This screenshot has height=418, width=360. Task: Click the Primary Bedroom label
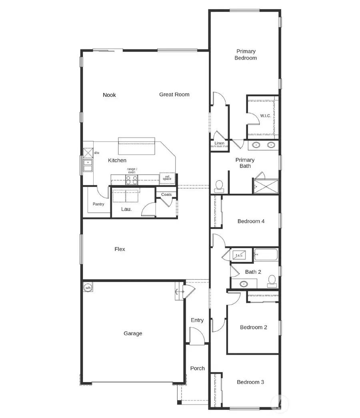coord(246,55)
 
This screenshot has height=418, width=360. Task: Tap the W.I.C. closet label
coord(266,116)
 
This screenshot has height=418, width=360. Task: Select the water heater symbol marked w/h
coord(88,287)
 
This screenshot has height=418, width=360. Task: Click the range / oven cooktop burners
coord(132,180)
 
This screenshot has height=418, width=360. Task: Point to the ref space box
coord(167,178)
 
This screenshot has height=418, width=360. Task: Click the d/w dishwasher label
coord(97,153)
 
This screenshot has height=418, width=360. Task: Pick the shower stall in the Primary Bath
coord(266,185)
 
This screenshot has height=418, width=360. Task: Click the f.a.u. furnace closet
coord(240,255)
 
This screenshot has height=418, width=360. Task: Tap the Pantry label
coord(98,204)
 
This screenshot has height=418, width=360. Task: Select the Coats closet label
coord(166,195)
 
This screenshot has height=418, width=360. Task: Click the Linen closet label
coord(219,143)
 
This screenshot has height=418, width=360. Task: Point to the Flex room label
coord(120,249)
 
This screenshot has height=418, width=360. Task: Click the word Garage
coord(133,333)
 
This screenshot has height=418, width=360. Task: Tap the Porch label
coord(197,368)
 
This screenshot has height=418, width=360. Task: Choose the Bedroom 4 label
coord(251,221)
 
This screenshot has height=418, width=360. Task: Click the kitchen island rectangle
coord(136,146)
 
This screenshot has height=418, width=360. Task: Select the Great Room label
coord(174,94)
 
